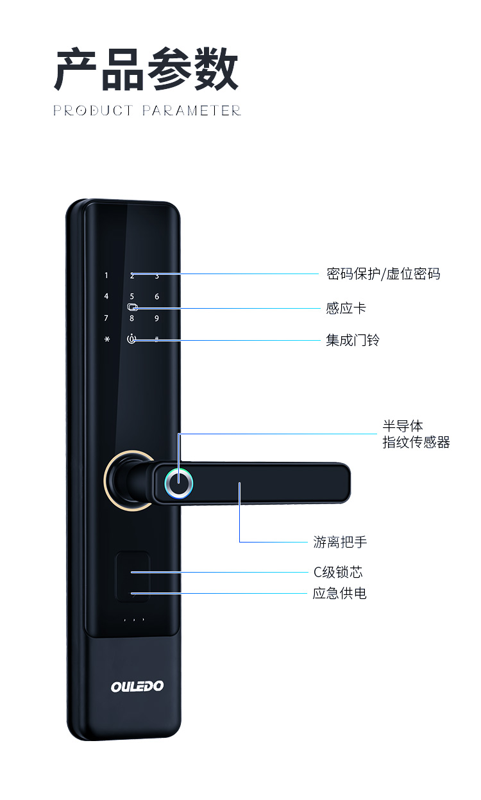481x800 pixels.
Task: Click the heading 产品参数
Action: pos(147,70)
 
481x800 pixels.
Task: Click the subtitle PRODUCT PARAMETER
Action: pos(147,111)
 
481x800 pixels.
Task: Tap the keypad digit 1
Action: pos(106,276)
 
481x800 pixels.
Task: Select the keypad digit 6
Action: pos(156,297)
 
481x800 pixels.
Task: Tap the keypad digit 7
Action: pos(106,318)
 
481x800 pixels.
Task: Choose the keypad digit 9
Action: pos(156,318)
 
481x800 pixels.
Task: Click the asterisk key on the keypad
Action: pos(106,339)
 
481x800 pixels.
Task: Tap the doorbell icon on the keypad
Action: pos(131,339)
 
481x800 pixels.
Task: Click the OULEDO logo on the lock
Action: pos(137,687)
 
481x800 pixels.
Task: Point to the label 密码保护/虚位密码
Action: pos(383,274)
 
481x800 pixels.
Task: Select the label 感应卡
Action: pos(346,308)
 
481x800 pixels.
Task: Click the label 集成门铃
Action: pos(352,340)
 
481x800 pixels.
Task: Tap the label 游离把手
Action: pos(340,543)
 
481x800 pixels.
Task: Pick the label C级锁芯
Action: pos(338,572)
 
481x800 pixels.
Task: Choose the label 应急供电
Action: pos(339,594)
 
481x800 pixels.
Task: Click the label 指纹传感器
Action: pos(416,443)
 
